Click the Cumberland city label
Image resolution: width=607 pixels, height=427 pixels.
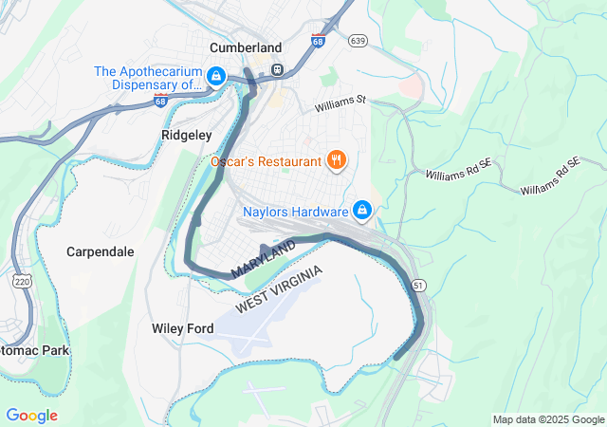(x=246, y=47)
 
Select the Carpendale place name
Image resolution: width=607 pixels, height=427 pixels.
(x=100, y=251)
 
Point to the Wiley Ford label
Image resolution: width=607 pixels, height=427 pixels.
(x=182, y=328)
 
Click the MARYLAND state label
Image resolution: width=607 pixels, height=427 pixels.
(x=263, y=259)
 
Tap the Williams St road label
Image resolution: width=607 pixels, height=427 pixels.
(x=340, y=100)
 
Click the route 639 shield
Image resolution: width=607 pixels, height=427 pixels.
(x=358, y=41)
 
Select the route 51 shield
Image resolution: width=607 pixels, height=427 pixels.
(x=419, y=285)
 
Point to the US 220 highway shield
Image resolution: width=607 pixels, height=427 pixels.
(x=22, y=282)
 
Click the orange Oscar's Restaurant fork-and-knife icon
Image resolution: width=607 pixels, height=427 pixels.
(x=335, y=160)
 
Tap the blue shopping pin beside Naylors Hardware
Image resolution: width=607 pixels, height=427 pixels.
(x=361, y=210)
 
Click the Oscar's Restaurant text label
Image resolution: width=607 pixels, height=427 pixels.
(x=266, y=161)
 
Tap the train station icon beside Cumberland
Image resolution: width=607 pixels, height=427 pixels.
(x=277, y=69)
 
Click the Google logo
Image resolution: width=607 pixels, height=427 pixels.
(x=31, y=416)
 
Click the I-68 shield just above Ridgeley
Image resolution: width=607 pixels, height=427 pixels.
(x=161, y=100)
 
